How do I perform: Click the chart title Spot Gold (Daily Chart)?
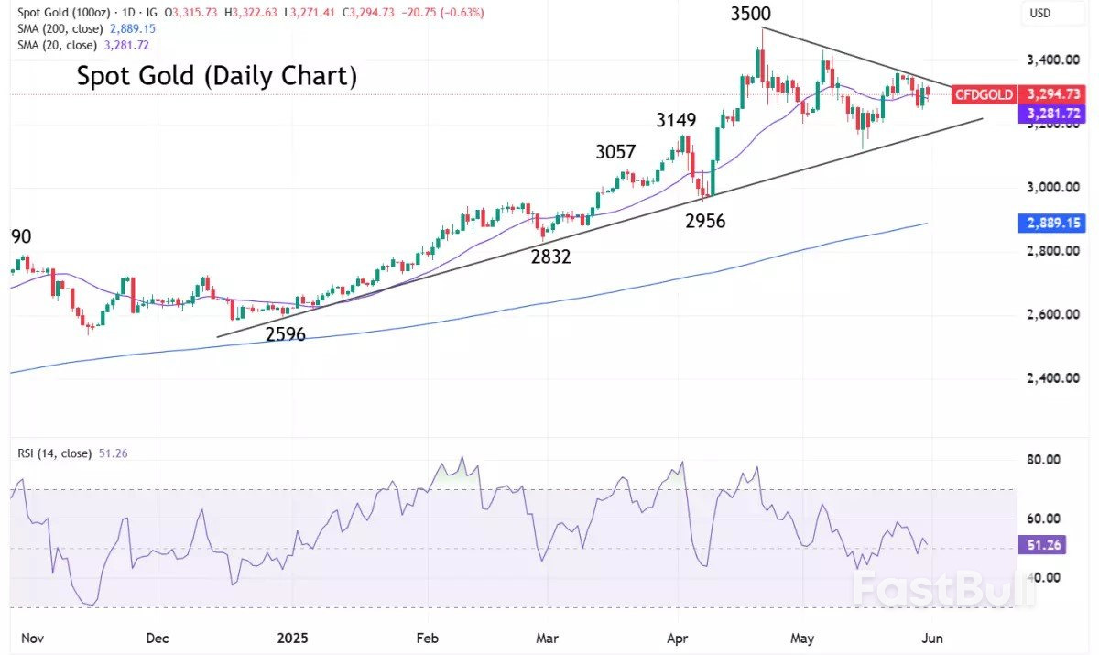(216, 75)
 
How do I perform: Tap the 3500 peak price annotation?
(750, 15)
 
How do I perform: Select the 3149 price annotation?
(676, 120)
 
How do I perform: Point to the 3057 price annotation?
(615, 152)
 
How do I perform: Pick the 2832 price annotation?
(550, 257)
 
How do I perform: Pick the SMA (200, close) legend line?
(82, 29)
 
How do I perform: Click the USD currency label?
(1039, 14)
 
